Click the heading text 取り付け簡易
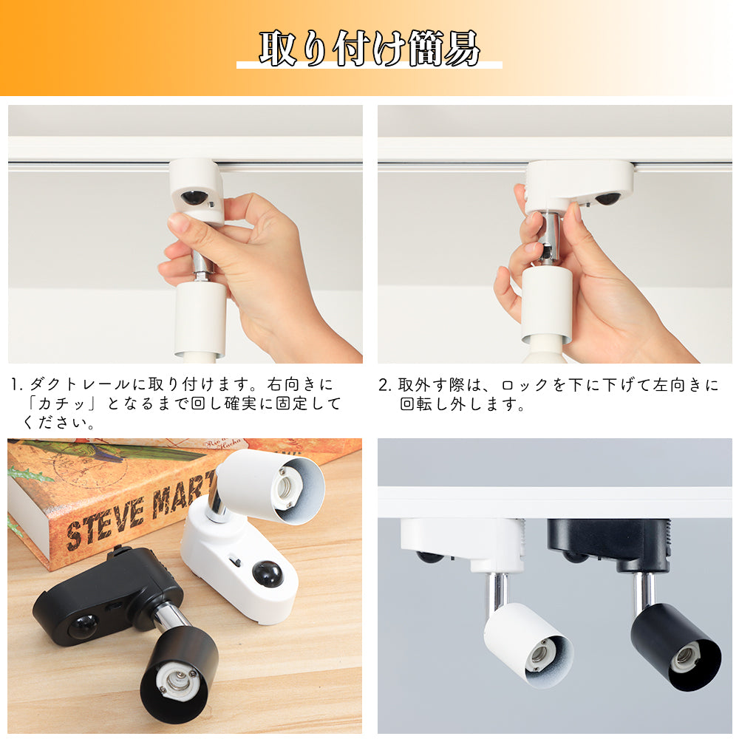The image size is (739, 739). pyautogui.click(x=369, y=48)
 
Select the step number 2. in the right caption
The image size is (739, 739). pyautogui.click(x=385, y=385)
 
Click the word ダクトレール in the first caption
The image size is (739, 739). pyautogui.click(x=80, y=384)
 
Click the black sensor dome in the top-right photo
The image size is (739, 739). pyautogui.click(x=608, y=198)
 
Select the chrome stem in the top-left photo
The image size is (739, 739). pyautogui.click(x=202, y=264)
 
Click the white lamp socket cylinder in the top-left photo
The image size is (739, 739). pyautogui.click(x=200, y=319)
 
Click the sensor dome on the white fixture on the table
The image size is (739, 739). pyautogui.click(x=268, y=573)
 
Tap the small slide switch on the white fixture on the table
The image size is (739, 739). pyautogui.click(x=235, y=562)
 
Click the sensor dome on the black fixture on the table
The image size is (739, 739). pyautogui.click(x=83, y=626)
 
